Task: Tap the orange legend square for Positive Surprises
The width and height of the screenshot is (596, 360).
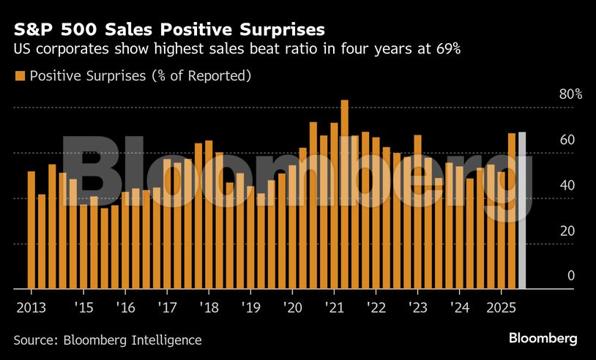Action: [19, 76]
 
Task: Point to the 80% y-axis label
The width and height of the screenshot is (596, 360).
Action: [550, 94]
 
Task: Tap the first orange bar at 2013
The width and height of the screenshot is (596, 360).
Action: [31, 230]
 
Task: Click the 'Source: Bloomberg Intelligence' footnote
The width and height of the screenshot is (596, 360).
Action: [108, 340]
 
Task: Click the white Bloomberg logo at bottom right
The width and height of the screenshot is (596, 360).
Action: [543, 339]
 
